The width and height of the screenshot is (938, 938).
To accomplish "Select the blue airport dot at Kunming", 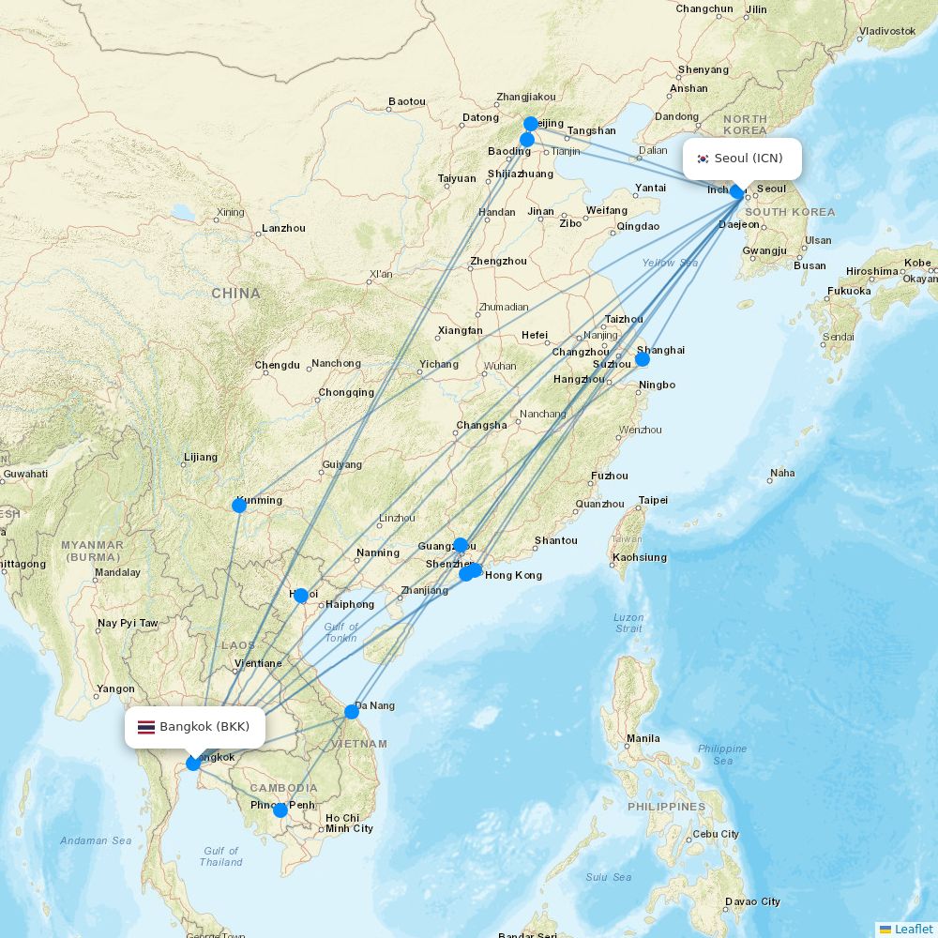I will (239, 506).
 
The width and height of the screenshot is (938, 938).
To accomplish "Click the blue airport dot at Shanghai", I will (643, 359).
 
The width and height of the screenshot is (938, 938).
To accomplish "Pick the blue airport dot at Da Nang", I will (352, 712).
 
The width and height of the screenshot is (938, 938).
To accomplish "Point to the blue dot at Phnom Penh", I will (280, 810).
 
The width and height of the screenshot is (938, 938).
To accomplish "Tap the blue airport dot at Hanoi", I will (300, 596).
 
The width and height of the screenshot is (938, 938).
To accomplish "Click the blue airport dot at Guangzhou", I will (461, 545).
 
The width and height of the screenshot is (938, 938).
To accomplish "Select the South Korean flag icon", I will (703, 159).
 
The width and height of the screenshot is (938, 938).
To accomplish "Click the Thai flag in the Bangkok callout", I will (146, 727).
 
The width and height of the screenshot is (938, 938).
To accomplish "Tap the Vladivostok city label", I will (886, 31).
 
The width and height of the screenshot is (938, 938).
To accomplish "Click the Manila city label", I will (643, 738).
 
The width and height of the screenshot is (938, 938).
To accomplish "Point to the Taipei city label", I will (653, 500).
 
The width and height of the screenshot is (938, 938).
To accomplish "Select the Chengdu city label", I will (278, 365).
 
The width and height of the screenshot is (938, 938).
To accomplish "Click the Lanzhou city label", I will (283, 228).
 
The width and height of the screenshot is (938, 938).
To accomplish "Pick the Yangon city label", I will (115, 688).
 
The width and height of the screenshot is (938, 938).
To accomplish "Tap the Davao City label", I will (751, 901).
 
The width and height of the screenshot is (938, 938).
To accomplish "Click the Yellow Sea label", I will (670, 263).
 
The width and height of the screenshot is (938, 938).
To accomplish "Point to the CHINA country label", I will (235, 294).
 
